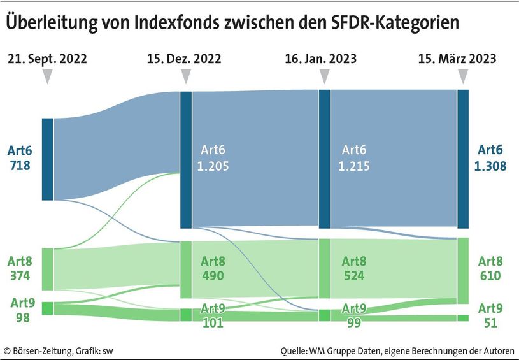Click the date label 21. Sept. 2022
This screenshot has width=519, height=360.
tap(47, 59)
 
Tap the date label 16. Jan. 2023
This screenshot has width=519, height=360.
tap(321, 59)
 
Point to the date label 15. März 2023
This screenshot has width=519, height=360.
tap(457, 59)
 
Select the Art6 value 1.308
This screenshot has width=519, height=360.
tap(490, 166)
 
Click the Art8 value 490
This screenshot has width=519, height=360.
tap(213, 276)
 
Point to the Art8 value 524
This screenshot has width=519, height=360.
tap(353, 276)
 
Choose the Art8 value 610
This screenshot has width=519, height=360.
tap(490, 276)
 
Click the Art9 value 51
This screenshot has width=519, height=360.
tap(490, 322)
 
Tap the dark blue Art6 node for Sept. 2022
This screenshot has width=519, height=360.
tap(47, 159)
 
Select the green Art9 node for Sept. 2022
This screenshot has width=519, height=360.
tap(47, 308)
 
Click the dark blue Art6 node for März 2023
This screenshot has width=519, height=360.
tap(463, 159)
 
